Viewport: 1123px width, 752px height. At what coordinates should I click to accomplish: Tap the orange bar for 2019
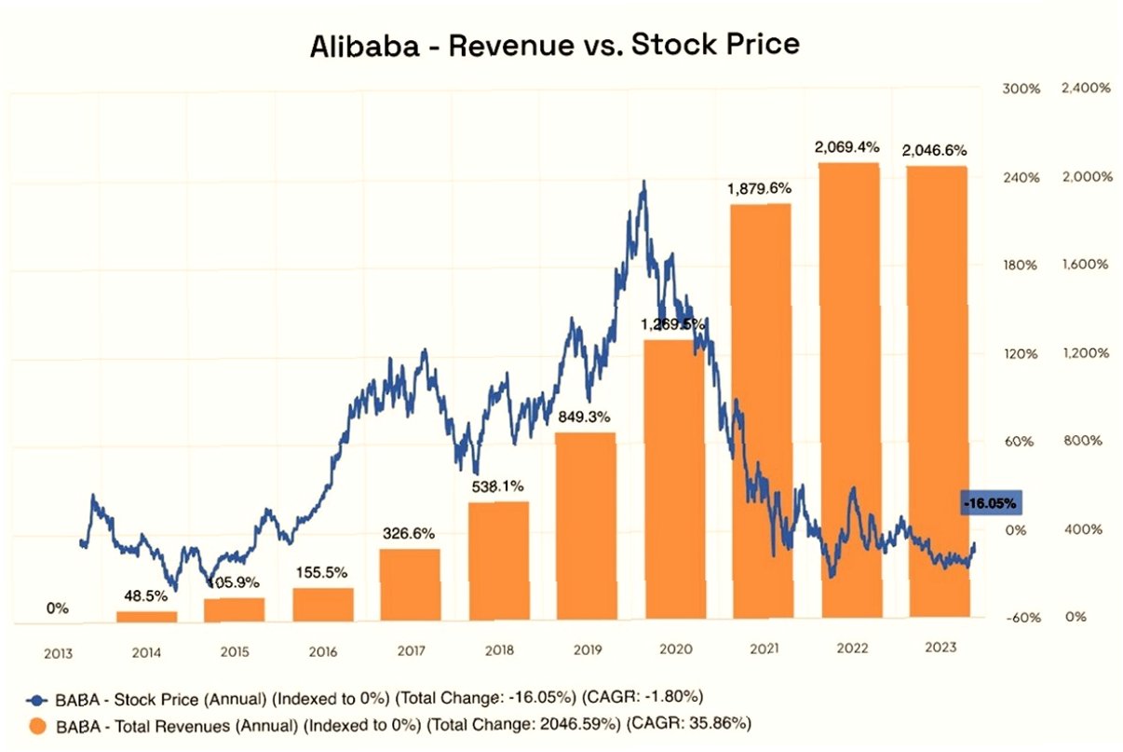(586, 526)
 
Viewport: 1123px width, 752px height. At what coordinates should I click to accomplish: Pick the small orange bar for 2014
(146, 616)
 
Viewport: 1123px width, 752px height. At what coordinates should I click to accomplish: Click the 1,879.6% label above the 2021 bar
(760, 188)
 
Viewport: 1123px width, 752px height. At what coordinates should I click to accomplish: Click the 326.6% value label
(409, 534)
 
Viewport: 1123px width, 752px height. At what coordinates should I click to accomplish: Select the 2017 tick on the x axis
(410, 652)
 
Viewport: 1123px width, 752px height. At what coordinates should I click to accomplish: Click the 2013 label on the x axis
(58, 653)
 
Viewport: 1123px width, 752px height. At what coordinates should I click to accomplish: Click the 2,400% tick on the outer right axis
(1085, 89)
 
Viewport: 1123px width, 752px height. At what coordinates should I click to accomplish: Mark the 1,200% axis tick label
(1085, 353)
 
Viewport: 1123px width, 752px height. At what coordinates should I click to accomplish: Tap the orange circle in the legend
(37, 723)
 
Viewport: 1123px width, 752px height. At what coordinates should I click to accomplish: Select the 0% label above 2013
(58, 608)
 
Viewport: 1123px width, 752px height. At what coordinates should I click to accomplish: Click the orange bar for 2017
(410, 584)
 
